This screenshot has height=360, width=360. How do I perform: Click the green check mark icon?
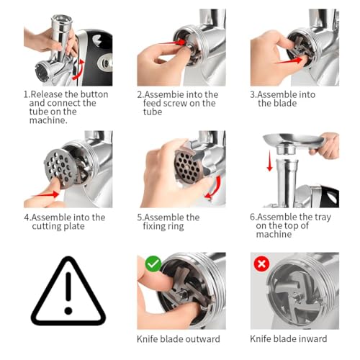click(x=153, y=264)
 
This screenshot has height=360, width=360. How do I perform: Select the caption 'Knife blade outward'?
click(x=179, y=338)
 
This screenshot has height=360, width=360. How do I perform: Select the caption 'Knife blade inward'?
click(x=289, y=338)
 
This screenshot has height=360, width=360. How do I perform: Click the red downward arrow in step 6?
click(x=269, y=163)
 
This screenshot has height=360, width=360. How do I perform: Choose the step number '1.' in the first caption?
click(x=27, y=94)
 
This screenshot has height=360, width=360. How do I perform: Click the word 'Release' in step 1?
click(x=50, y=94)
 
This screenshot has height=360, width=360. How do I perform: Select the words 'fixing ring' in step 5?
click(x=167, y=226)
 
